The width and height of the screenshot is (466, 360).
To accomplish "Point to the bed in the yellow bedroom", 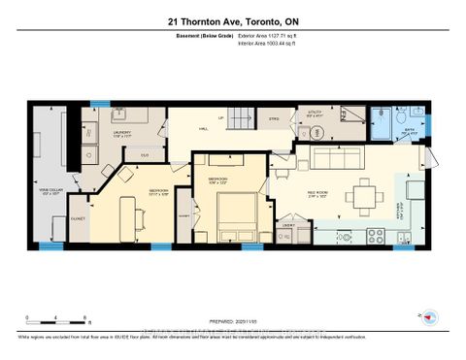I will point(232,215).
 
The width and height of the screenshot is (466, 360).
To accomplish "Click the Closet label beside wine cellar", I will point(79,218).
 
